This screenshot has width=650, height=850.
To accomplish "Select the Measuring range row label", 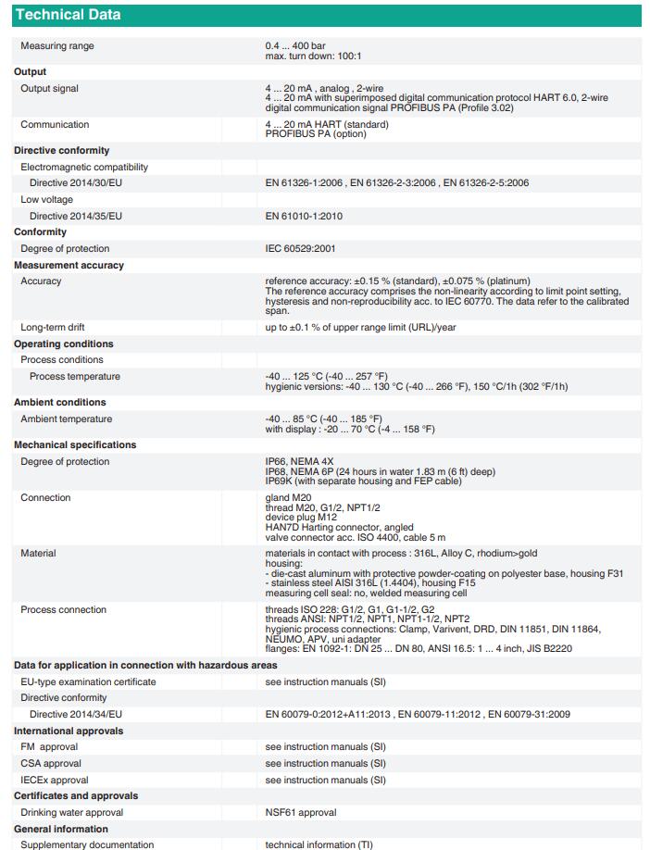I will point(57,46).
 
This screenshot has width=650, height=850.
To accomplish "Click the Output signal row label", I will point(50,88).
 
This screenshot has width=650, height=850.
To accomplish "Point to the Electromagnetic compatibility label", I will point(84,167).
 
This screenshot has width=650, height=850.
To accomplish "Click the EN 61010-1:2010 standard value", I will point(304,216).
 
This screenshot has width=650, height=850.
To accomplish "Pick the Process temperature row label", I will point(75,377).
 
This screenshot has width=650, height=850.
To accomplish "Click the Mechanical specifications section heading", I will point(75,444).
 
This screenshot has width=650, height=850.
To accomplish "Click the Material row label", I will point(38,553).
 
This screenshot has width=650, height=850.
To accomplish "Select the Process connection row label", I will point(64,610).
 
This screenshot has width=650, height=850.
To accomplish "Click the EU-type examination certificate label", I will point(88,681).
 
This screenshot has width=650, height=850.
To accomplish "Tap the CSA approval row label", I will point(51,764).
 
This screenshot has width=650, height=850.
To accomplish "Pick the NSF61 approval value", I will point(301,812).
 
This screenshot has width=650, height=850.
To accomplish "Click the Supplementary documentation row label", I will point(87,844).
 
